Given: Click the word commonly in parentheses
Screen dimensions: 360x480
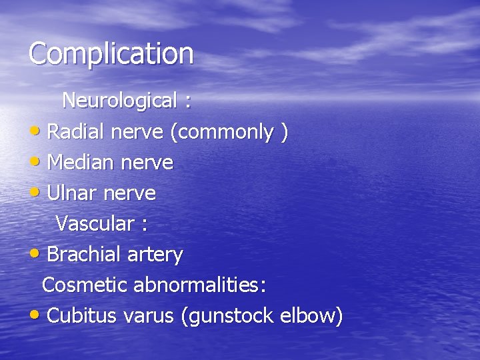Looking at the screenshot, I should click(226, 133).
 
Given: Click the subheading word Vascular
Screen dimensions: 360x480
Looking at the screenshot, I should click(95, 224).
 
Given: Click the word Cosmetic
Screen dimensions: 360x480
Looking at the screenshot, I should click(85, 285).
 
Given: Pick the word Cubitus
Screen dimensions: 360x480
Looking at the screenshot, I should click(83, 315).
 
